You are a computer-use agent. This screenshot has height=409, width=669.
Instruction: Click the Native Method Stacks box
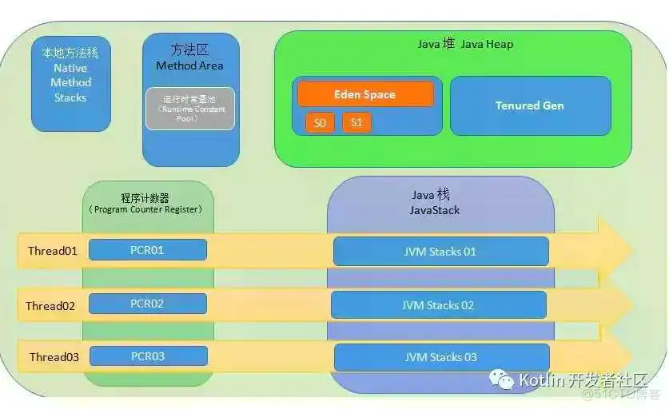[70, 83]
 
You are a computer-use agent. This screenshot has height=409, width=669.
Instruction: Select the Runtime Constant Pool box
[189, 108]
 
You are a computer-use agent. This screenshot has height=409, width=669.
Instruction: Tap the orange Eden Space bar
[365, 94]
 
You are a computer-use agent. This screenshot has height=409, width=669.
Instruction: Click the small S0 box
[320, 123]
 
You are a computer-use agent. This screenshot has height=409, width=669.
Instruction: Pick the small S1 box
[356, 123]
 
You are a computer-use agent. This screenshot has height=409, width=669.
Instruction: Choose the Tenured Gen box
[530, 105]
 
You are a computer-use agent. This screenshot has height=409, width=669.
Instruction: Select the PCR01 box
[147, 250]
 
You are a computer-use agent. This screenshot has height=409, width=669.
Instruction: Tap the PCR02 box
[147, 304]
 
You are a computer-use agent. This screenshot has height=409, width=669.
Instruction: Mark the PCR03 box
[148, 356]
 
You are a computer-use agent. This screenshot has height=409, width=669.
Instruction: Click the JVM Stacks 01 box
[440, 252]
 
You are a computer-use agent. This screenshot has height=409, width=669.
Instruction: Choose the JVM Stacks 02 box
[438, 305]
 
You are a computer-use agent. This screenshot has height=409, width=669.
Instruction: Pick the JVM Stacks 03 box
[441, 357]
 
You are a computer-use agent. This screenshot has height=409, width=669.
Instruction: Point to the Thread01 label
[53, 251]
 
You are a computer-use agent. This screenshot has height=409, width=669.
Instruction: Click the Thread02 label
[50, 306]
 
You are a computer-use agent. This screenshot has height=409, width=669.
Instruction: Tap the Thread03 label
[54, 357]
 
